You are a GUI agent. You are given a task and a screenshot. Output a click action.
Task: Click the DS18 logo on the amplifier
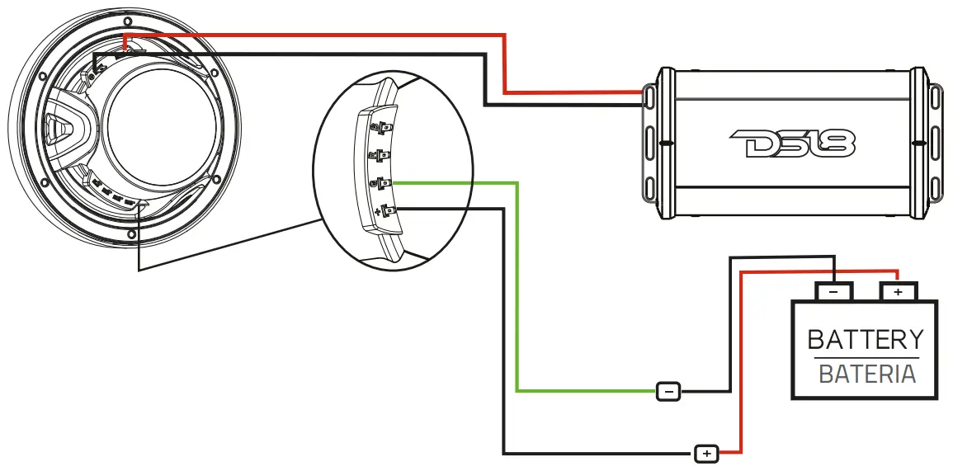pyautogui.click(x=793, y=145)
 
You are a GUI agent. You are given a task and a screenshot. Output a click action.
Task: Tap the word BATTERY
pyautogui.click(x=865, y=339)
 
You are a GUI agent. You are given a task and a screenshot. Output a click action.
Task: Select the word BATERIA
pyautogui.click(x=866, y=374)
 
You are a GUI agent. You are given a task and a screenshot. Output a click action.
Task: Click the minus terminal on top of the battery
pyautogui.click(x=833, y=291)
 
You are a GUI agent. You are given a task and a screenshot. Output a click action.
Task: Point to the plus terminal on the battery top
pyautogui.click(x=898, y=291)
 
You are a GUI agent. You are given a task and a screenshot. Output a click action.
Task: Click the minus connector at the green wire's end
pyautogui.click(x=668, y=391)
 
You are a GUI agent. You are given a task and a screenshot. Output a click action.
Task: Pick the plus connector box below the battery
pyautogui.click(x=706, y=453)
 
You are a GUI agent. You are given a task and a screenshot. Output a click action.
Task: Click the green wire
pyautogui.click(x=517, y=289)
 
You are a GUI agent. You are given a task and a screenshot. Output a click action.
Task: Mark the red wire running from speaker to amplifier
pyautogui.click(x=330, y=35)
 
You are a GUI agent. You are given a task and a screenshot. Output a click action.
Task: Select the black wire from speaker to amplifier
pyautogui.click(x=330, y=54)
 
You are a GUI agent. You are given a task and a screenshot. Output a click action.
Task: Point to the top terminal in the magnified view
pyautogui.click(x=383, y=127)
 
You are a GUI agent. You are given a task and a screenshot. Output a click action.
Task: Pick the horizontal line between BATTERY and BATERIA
pyautogui.click(x=865, y=358)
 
